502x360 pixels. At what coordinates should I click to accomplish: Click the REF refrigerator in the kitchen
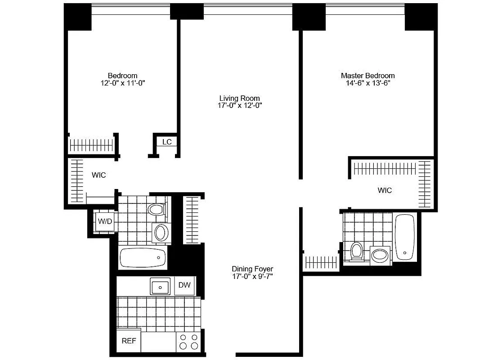pyautogui.click(x=129, y=341)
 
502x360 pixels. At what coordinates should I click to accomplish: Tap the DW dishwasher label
pyautogui.click(x=184, y=285)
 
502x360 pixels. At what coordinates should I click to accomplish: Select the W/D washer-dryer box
pyautogui.click(x=105, y=221)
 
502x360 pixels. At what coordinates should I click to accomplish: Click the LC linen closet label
pyautogui.click(x=167, y=142)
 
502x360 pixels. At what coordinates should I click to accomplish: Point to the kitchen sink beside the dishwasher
pyautogui.click(x=160, y=286)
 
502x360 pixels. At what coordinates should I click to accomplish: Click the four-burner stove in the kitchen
pyautogui.click(x=188, y=341)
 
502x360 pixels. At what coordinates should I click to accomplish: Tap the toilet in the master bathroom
pyautogui.click(x=357, y=251)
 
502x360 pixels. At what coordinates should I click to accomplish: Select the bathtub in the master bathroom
pyautogui.click(x=405, y=237)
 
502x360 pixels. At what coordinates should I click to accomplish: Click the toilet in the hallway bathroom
pyautogui.click(x=157, y=209)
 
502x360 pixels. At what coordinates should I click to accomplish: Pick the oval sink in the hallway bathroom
pyautogui.click(x=161, y=233)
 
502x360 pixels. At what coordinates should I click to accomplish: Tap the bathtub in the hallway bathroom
pyautogui.click(x=143, y=257)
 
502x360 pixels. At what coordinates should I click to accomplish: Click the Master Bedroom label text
pyautogui.click(x=368, y=76)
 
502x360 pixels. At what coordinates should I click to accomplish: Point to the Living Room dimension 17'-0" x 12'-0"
pyautogui.click(x=239, y=105)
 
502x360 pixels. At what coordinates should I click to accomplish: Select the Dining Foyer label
pyautogui.click(x=252, y=269)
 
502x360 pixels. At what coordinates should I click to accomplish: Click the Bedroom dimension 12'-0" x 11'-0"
pyautogui.click(x=122, y=83)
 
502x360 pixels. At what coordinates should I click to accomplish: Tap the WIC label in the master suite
pyautogui.click(x=385, y=190)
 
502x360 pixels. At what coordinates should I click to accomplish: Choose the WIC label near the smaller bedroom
pyautogui.click(x=99, y=175)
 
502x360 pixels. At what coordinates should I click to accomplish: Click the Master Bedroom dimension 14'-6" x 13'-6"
pyautogui.click(x=368, y=83)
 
